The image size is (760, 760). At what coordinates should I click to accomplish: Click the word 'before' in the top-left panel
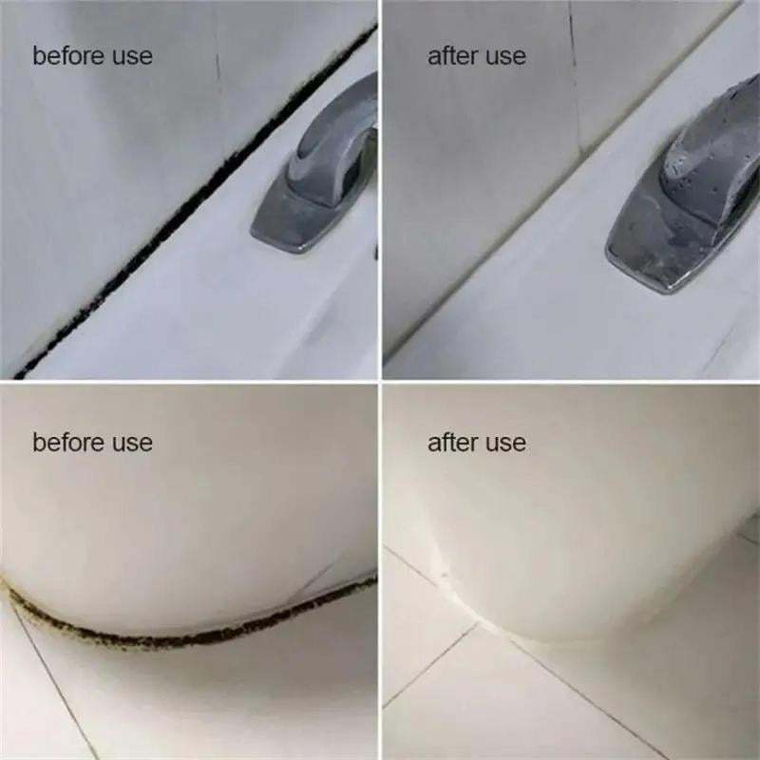68,55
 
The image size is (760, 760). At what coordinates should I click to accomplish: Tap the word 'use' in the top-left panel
132,57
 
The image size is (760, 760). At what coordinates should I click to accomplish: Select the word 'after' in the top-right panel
453,55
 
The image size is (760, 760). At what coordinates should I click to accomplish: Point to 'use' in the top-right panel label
505,57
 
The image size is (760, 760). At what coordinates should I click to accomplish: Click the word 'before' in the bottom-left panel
68,442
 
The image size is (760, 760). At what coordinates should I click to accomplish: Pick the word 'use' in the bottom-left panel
132,444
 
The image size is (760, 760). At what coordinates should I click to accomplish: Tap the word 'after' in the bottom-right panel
453,442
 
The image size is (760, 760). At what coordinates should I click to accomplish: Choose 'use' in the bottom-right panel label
505,444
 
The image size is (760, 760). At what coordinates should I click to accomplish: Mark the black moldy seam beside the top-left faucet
194,202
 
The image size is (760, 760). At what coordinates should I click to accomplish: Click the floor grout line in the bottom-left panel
53,678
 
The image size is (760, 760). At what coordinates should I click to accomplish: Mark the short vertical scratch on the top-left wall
218,66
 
